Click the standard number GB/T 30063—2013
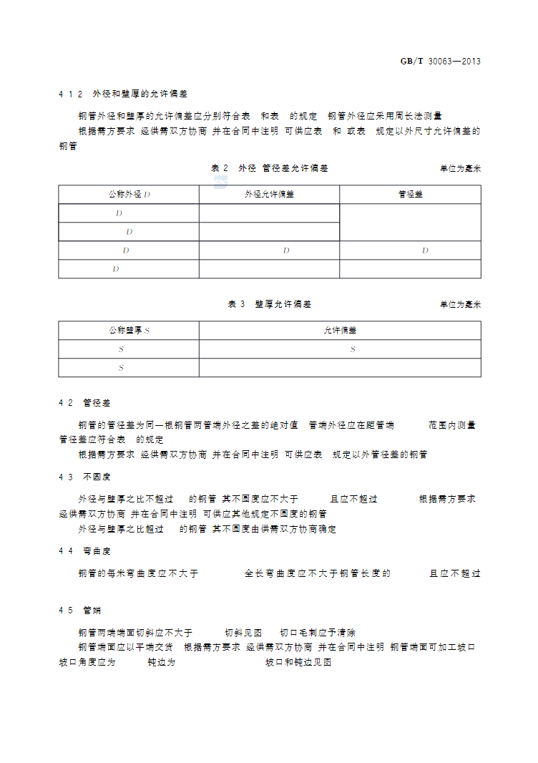pyautogui.click(x=440, y=61)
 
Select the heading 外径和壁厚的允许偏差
pyautogui.click(x=140, y=94)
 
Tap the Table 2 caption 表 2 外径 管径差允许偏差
pyautogui.click(x=270, y=168)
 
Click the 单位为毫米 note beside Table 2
pyautogui.click(x=460, y=169)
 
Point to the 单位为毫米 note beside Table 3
pyautogui.click(x=460, y=305)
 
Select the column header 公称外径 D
pyautogui.click(x=129, y=195)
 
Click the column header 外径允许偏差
pyautogui.click(x=269, y=195)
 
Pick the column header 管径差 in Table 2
pyautogui.click(x=410, y=195)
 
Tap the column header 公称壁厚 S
pyautogui.click(x=129, y=331)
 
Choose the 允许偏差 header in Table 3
pyautogui.click(x=340, y=331)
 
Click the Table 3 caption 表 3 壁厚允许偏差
pyautogui.click(x=270, y=304)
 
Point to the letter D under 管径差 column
pyautogui.click(x=425, y=251)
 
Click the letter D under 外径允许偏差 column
pyautogui.click(x=286, y=251)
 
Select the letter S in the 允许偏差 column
pyautogui.click(x=353, y=349)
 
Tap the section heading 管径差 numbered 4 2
pyautogui.click(x=97, y=404)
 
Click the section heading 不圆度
pyautogui.click(x=97, y=477)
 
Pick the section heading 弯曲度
pyautogui.click(x=97, y=551)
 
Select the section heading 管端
pyautogui.click(x=92, y=611)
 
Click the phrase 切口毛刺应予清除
pyautogui.click(x=318, y=633)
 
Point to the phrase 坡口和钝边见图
pyautogui.click(x=298, y=663)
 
